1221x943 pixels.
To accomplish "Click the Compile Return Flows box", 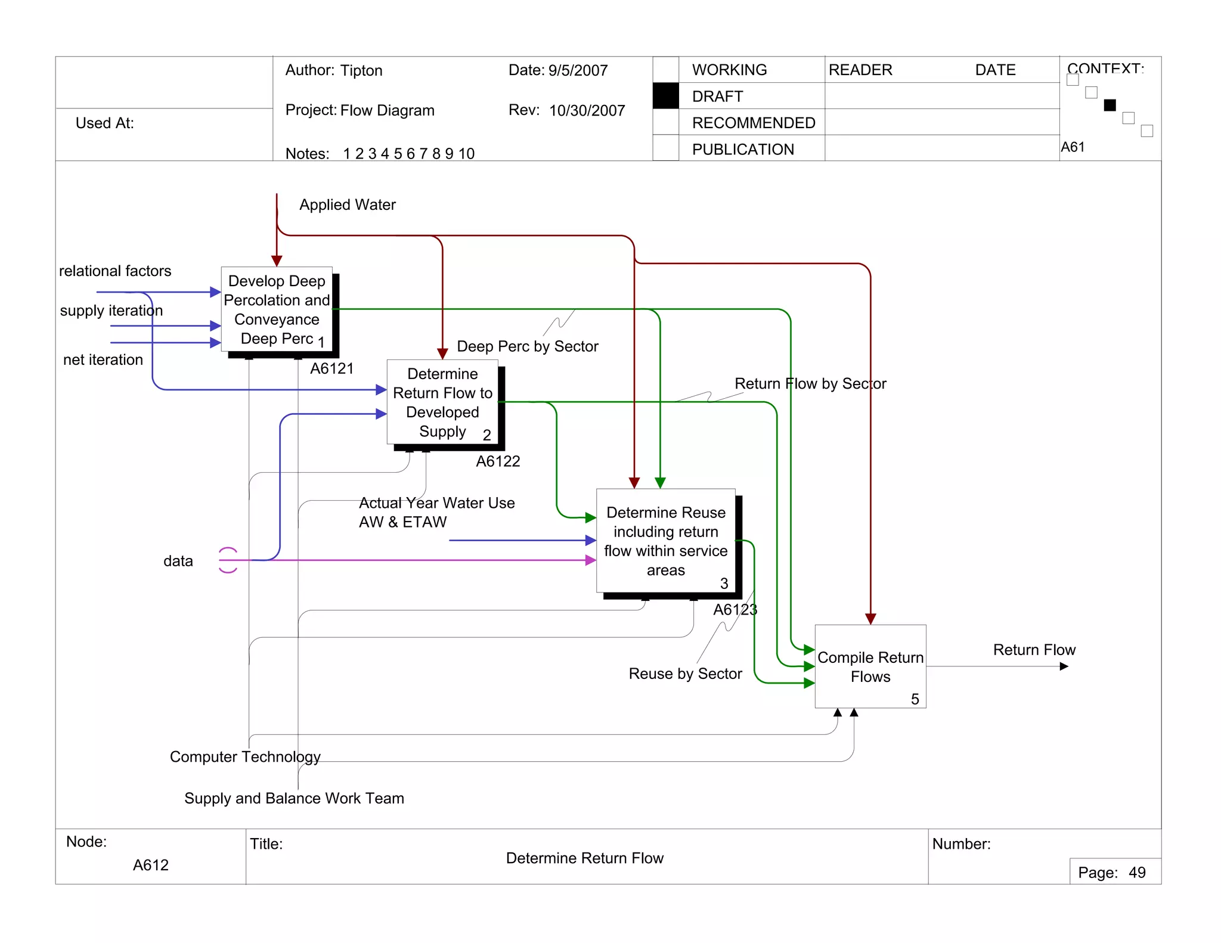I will click(870, 666).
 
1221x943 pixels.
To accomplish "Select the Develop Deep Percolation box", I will click(277, 309).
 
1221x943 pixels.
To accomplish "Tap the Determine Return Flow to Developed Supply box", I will click(442, 402).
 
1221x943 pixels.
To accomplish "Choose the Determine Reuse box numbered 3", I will click(665, 541).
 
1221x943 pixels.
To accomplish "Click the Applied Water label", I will click(347, 204).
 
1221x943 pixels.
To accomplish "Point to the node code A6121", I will click(331, 368).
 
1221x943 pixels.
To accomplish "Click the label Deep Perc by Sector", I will click(527, 346).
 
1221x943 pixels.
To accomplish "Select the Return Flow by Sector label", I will click(810, 383).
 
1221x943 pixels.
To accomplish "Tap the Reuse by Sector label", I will click(685, 674).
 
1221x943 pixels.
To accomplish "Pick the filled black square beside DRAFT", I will click(665, 96).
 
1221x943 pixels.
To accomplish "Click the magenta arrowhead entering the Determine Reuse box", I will click(590, 560).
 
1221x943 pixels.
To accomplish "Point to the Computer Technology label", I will click(245, 756).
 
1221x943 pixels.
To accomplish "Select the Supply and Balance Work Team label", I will click(294, 798).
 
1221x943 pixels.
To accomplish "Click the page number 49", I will click(1137, 873).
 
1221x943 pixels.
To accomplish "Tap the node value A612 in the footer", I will click(151, 865).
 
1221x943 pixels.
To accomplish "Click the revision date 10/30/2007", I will click(587, 110).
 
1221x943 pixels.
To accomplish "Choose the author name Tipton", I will click(361, 70).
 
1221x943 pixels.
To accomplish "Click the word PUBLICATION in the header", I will click(743, 149).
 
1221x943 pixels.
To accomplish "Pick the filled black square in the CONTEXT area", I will click(1110, 106).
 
